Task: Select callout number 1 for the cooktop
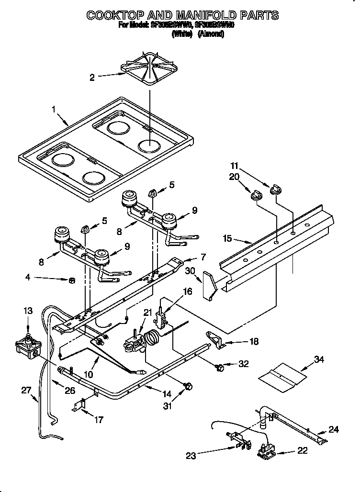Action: [x=54, y=110]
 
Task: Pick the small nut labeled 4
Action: [x=71, y=279]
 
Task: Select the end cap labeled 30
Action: [x=209, y=285]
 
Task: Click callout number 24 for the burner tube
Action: [x=333, y=429]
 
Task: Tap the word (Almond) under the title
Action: [x=212, y=34]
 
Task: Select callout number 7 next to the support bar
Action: [x=202, y=257]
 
